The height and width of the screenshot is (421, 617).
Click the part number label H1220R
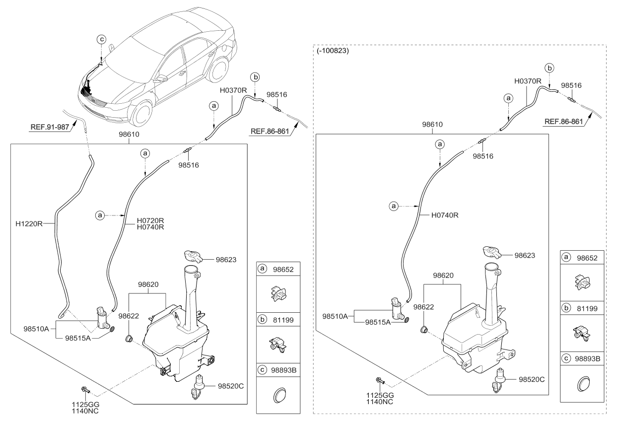[x=36, y=224]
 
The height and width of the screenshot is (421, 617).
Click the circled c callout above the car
[x=101, y=38]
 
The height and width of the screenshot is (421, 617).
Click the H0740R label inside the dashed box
[x=445, y=215]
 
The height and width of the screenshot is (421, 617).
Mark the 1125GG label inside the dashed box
[x=381, y=396]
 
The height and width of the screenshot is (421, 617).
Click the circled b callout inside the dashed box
[x=549, y=68]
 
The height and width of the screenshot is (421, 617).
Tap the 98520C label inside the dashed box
[x=532, y=379]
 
